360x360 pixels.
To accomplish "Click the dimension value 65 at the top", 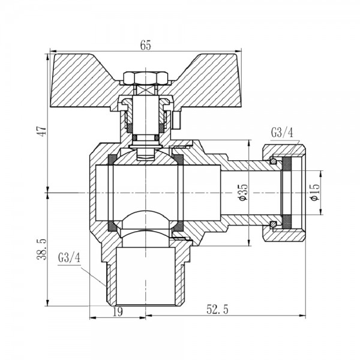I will pyautogui.click(x=145, y=46).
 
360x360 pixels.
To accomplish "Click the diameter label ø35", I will pyautogui.click(x=242, y=193).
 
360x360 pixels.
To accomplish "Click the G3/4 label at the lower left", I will pyautogui.click(x=70, y=259).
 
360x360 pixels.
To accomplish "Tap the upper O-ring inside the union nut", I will pyautogui.click(x=274, y=161).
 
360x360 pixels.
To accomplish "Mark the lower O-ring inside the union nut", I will pyautogui.click(x=274, y=224).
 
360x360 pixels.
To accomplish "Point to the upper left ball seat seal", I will pyautogui.click(x=112, y=159).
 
